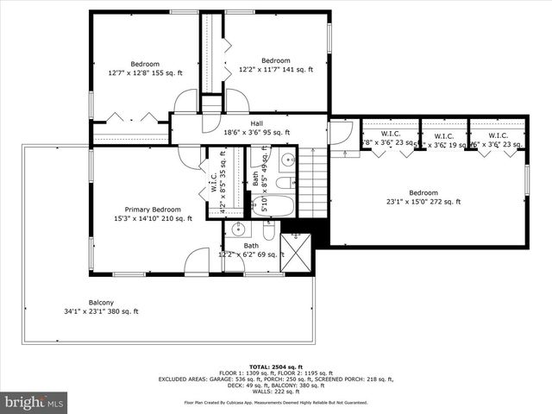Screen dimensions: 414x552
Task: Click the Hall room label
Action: [x=256, y=128]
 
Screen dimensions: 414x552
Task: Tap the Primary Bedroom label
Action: [x=153, y=214]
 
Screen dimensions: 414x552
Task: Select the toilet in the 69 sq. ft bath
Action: [x=268, y=231]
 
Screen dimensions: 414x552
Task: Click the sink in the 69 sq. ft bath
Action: [x=239, y=229]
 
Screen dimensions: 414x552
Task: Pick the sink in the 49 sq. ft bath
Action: [x=287, y=160]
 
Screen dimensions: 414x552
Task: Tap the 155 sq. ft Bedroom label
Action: [x=145, y=69]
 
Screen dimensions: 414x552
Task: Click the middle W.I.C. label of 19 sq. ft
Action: [x=443, y=141]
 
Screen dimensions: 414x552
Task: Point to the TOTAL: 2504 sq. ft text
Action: [x=275, y=365]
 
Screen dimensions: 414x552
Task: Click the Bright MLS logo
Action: [x=34, y=402]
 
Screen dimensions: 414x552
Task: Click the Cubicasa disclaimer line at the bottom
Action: [x=275, y=402]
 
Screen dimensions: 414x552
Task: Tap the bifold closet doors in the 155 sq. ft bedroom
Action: [x=134, y=116]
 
